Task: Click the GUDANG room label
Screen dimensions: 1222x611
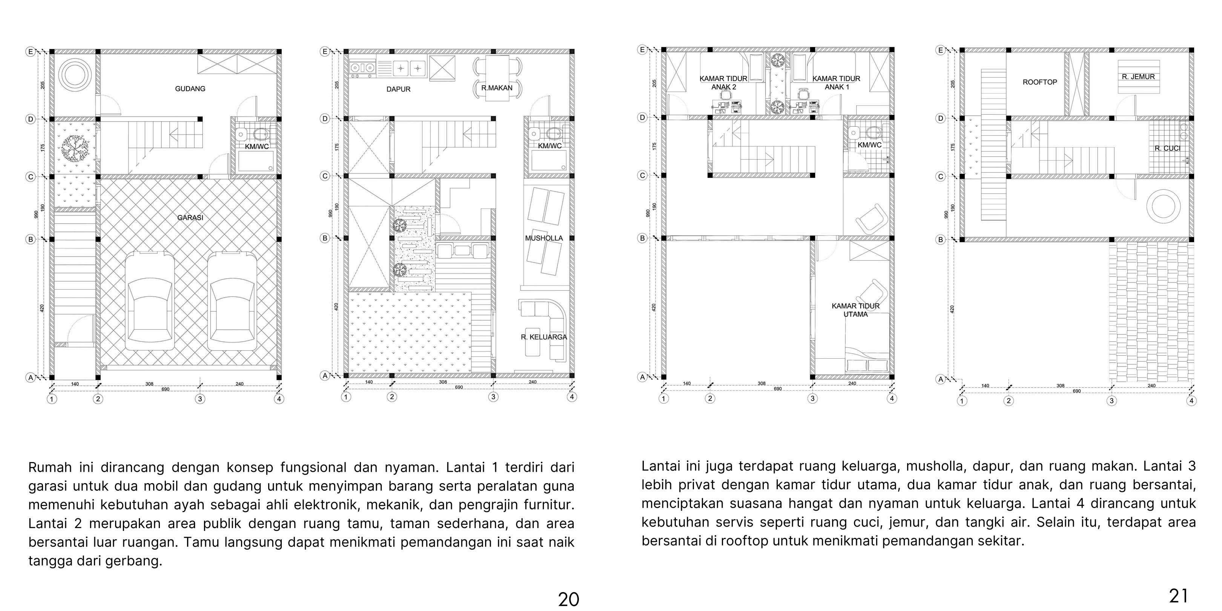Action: point(190,89)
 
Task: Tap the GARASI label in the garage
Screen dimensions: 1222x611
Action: point(190,218)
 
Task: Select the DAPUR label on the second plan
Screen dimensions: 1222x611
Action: point(399,89)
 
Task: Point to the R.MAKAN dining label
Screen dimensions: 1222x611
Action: point(497,88)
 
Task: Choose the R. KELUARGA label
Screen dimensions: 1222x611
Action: point(543,337)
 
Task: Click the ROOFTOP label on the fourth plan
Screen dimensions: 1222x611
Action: point(1040,82)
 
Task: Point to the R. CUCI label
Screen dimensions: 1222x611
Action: point(1167,149)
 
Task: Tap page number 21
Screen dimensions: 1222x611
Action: point(1178,596)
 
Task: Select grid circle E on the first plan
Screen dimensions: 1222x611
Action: point(30,52)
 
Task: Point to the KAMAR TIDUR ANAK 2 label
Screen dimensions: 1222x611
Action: point(723,83)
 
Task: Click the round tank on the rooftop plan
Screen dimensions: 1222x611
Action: point(1163,206)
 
